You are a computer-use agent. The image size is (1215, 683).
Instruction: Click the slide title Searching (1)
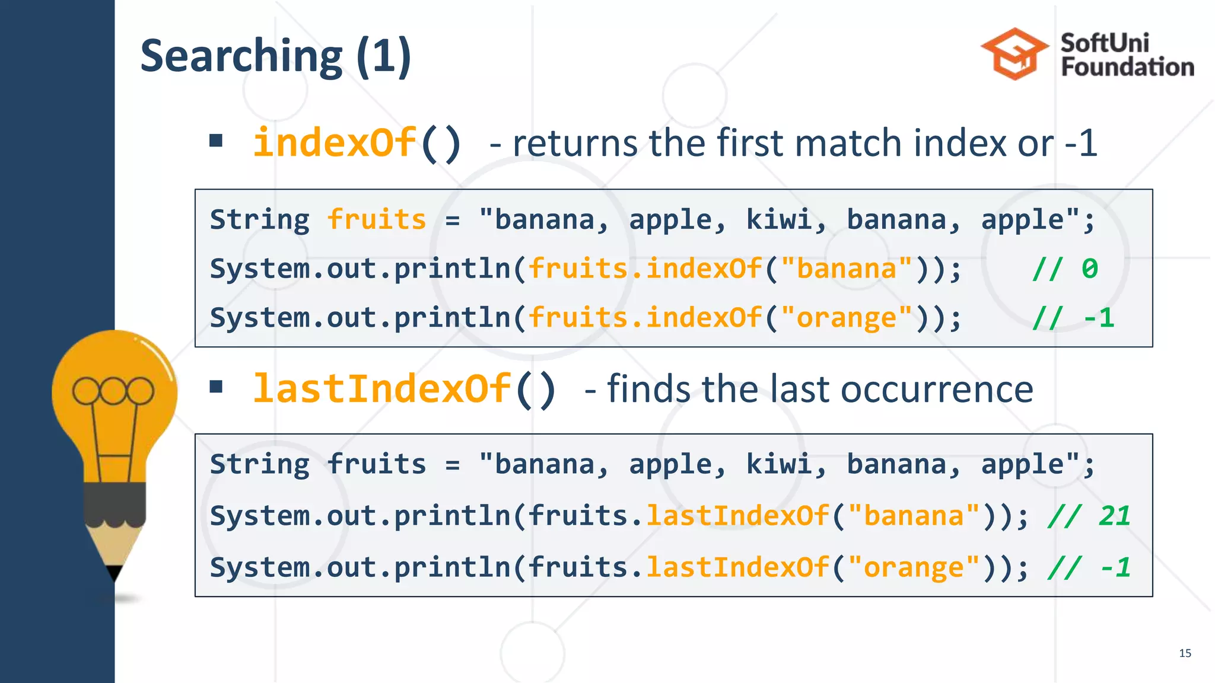[275, 56]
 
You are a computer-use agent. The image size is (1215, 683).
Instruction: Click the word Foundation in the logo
[1127, 67]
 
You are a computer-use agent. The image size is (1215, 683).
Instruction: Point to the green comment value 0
[1089, 269]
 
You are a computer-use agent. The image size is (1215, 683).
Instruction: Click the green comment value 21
[1114, 516]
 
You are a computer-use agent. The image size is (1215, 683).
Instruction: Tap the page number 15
[1185, 653]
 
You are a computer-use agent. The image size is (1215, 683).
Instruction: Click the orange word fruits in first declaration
[377, 220]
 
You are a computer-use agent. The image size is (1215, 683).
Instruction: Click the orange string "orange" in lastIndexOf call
[914, 567]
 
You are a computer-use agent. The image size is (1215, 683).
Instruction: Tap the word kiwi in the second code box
[778, 464]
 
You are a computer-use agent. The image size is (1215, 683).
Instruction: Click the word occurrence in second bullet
[937, 390]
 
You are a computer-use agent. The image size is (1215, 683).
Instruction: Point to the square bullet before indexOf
[216, 141]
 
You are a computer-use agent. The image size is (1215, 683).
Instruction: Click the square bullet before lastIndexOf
[216, 387]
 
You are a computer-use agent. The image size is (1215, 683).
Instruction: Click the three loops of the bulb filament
[113, 391]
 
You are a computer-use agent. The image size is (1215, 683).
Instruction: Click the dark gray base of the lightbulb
[114, 504]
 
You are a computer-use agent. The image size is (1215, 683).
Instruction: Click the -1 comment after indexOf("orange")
[1099, 318]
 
